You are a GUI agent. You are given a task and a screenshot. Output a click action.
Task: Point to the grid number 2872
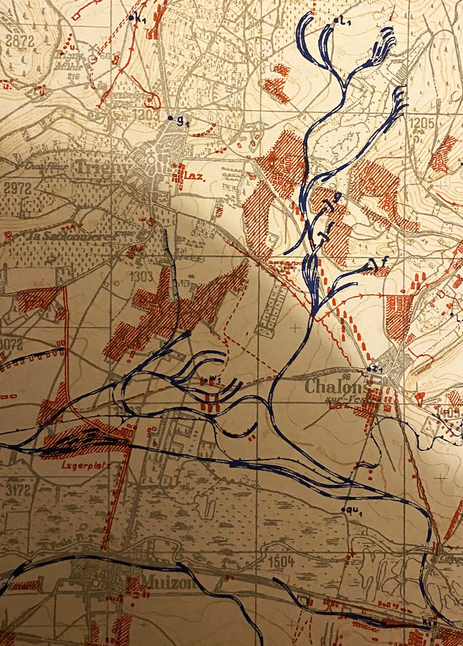(x=20, y=41)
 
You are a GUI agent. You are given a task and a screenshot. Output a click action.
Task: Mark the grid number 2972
(x=18, y=188)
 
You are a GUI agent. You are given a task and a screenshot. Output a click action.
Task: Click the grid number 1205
(x=422, y=123)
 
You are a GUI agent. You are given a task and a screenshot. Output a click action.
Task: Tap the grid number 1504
(x=281, y=562)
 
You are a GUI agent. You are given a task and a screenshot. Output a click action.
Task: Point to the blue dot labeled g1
(x=170, y=118)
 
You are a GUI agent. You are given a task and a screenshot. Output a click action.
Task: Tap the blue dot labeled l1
(x=335, y=21)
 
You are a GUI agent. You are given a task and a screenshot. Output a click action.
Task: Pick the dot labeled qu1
(x=343, y=510)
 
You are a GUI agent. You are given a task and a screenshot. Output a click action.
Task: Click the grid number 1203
(x=146, y=115)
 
